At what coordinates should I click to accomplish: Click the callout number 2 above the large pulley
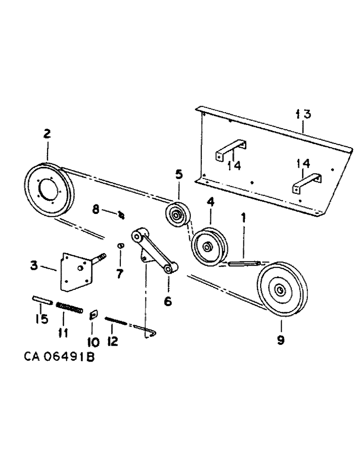point(47,134)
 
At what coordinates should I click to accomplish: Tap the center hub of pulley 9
point(280,290)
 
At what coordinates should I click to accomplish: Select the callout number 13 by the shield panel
point(302,114)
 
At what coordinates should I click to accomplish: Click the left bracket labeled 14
point(230,150)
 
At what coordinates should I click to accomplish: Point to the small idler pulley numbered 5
point(177,216)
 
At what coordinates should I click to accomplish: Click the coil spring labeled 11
point(69,308)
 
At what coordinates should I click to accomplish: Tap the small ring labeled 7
point(120,245)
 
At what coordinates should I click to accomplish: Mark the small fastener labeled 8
point(121,214)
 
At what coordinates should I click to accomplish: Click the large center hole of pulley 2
point(48,190)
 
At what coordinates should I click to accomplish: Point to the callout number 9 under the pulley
point(280,340)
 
